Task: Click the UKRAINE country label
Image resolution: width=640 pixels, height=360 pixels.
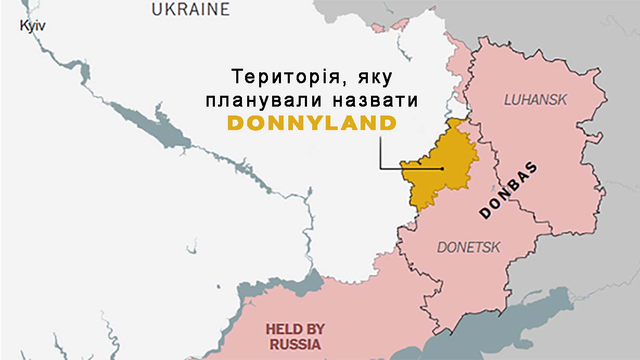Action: click(x=190, y=9)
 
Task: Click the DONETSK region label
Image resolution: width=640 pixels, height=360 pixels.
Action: click(x=468, y=247)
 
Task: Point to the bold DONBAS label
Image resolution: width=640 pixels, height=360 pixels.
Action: click(x=508, y=190)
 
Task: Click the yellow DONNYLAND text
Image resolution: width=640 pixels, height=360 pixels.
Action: click(x=312, y=124)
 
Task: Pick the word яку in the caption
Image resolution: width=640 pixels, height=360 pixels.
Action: click(x=374, y=78)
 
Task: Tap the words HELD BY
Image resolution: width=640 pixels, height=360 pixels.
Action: click(x=295, y=329)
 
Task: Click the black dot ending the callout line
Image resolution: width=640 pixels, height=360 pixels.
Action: click(x=442, y=169)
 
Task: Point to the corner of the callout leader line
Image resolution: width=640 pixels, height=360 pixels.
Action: click(x=380, y=169)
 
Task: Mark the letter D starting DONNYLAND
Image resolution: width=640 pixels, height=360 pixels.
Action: click(x=236, y=124)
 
